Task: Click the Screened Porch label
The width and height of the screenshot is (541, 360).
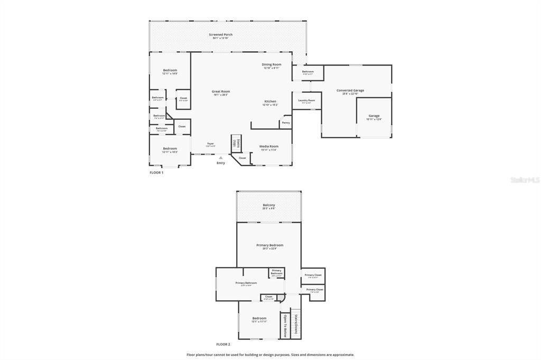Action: point(220,35)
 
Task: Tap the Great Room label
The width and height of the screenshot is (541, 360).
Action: point(221,91)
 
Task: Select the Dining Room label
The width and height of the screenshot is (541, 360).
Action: point(272,64)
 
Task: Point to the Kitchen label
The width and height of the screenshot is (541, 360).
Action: point(270,101)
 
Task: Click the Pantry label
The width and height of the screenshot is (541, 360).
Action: point(285,122)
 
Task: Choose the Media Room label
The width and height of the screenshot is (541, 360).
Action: point(268,146)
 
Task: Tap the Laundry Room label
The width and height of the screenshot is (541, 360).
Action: point(306,100)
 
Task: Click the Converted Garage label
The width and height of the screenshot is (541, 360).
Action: point(350,90)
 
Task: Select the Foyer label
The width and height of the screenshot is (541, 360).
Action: point(210,144)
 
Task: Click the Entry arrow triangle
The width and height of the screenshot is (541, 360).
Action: point(221,157)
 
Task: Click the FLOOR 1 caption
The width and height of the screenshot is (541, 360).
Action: point(156,173)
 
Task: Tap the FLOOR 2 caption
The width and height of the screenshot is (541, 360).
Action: point(223,344)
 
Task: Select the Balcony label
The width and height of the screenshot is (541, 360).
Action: point(269,205)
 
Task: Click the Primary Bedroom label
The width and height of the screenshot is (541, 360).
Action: point(269,245)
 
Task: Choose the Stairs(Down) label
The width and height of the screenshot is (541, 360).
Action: point(296,324)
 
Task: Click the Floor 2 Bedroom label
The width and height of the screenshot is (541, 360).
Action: point(259,318)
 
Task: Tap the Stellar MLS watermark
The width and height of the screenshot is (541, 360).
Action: point(525,180)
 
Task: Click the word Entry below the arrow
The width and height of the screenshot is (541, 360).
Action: point(221,163)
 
